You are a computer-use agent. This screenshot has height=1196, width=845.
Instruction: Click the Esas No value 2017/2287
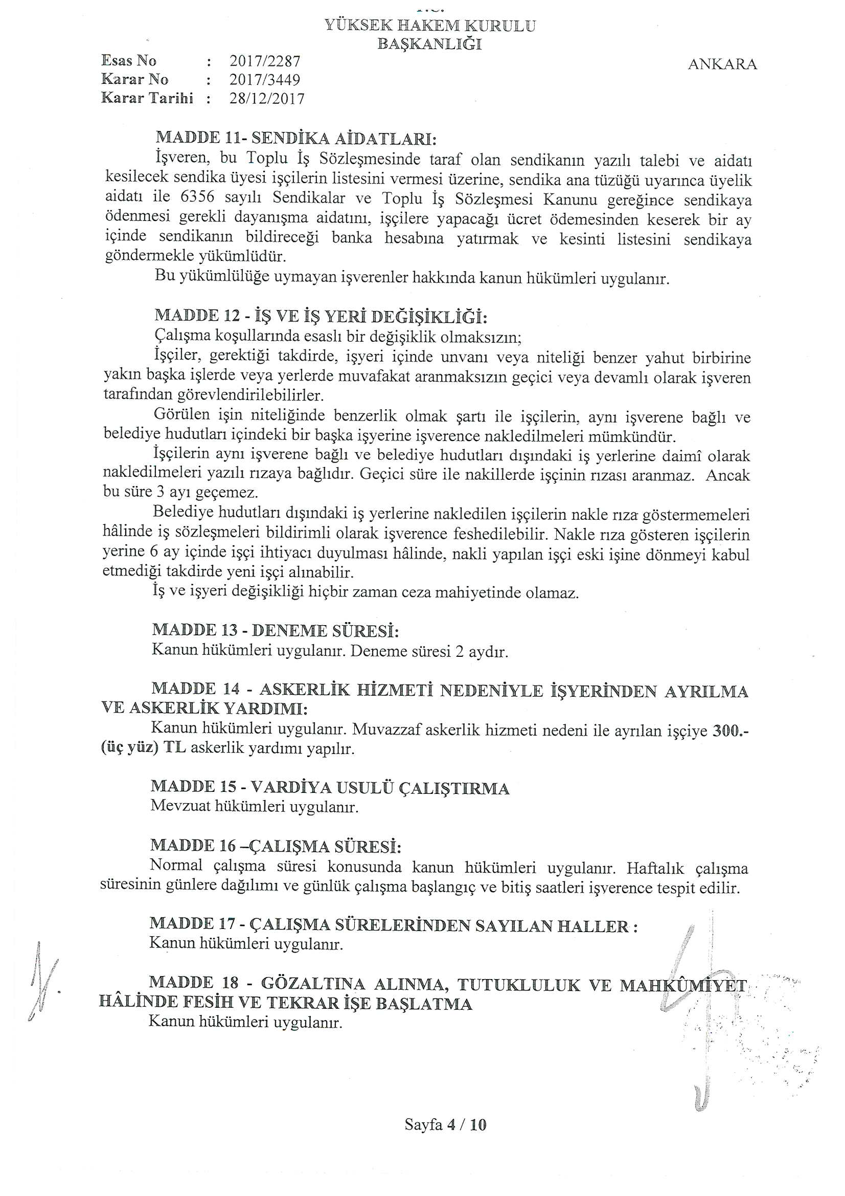click(x=265, y=61)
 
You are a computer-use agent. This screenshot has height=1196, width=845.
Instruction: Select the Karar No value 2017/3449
click(x=265, y=80)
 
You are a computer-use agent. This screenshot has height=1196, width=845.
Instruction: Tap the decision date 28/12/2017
click(x=267, y=98)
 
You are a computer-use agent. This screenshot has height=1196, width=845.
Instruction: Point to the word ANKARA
click(x=722, y=64)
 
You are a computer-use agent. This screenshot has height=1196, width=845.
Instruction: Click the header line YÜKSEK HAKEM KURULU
click(x=429, y=26)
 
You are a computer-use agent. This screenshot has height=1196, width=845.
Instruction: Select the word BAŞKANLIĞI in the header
click(x=429, y=45)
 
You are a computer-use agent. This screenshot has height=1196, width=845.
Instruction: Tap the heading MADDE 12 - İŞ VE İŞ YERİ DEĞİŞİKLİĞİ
click(x=321, y=316)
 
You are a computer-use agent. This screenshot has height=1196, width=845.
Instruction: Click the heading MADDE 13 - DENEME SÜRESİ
click(x=276, y=631)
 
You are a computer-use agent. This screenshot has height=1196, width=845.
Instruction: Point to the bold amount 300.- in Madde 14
click(x=730, y=731)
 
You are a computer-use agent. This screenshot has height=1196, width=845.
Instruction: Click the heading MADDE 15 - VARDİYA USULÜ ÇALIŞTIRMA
click(x=330, y=788)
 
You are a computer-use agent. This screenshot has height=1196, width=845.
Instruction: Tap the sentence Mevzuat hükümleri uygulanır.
click(x=255, y=807)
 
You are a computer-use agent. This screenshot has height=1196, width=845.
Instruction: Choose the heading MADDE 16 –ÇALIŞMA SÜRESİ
click(x=276, y=846)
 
